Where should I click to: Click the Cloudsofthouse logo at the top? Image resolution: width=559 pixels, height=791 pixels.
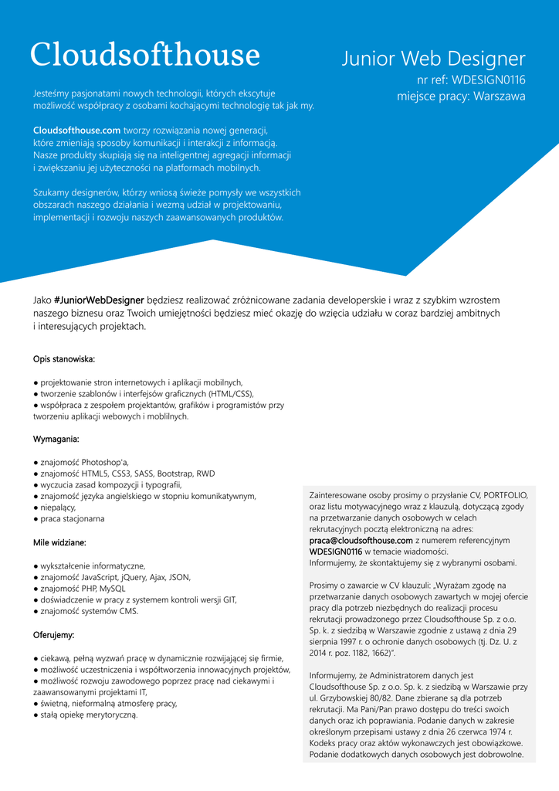145,55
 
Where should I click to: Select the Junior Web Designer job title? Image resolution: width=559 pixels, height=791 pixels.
433,59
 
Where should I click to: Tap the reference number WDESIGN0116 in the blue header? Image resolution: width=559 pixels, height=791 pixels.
488,80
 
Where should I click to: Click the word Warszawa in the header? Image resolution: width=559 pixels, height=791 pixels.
499,97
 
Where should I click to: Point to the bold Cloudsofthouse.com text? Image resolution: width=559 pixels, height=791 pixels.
76,130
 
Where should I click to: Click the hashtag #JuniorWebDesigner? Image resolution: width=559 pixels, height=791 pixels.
100,300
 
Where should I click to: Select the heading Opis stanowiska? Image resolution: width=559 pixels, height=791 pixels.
64,359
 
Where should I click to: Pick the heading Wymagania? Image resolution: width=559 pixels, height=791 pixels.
56,439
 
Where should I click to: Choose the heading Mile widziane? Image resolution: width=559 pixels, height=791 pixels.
59,542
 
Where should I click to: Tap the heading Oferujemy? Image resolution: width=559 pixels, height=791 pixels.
54,635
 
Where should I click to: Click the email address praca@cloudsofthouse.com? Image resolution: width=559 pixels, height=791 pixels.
361,541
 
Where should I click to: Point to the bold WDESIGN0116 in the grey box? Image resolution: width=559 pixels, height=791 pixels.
335,552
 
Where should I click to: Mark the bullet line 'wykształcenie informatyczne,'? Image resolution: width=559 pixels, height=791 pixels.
93,566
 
